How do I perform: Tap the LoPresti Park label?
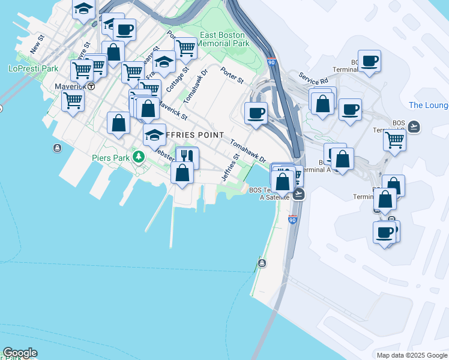(34, 68)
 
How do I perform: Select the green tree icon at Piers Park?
(139, 156)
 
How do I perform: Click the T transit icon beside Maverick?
(91, 86)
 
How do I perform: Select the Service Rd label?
(313, 80)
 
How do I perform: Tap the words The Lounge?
(428, 106)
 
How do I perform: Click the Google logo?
(20, 353)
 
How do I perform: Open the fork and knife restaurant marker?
(187, 157)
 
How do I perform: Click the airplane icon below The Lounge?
(413, 127)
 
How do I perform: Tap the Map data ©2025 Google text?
(412, 355)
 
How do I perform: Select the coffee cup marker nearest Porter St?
(256, 112)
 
